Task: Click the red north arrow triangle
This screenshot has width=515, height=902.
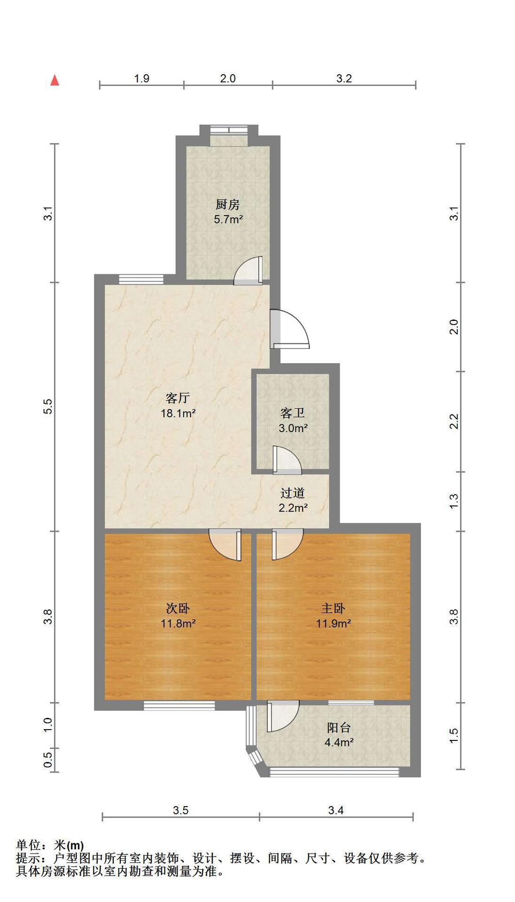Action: pos(55,80)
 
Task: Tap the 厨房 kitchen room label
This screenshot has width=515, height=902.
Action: pos(228,204)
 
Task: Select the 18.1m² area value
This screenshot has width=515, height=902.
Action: pos(178,413)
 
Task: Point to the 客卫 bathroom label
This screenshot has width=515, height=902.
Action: pos(293,413)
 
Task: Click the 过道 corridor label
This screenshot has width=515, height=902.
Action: pos(293,493)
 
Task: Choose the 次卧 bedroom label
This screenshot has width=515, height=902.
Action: pos(178,608)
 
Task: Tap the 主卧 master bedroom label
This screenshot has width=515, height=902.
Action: pos(333,608)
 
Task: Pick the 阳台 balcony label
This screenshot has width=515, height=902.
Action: pos(339,728)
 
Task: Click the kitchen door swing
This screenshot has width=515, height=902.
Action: pos(249,271)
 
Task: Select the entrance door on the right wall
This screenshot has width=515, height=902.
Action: pos(290,329)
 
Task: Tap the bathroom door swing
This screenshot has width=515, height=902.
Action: pos(287,459)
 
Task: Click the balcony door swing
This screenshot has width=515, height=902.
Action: pos(283,716)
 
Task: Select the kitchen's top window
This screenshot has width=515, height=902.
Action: pos(228,130)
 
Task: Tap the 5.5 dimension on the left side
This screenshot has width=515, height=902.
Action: pos(47,406)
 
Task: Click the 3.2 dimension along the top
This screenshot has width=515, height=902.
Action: pos(344,78)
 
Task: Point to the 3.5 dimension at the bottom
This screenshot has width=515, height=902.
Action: pos(181,810)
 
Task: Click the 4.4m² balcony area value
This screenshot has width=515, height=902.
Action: pos(339,742)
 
